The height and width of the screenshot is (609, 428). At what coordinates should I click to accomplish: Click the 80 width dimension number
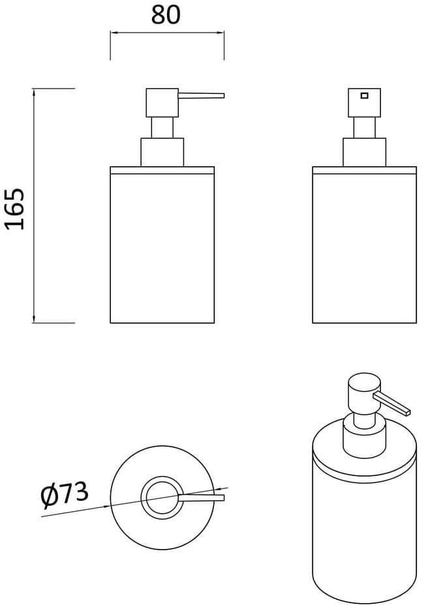pyautogui.click(x=165, y=14)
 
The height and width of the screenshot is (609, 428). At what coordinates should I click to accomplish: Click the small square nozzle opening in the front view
pyautogui.click(x=364, y=96)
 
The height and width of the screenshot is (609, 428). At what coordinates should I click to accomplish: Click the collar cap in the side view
pyautogui.click(x=162, y=152)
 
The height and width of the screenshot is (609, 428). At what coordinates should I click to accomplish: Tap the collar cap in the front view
pyautogui.click(x=364, y=152)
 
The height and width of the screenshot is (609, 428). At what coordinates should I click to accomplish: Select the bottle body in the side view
pyautogui.click(x=162, y=251)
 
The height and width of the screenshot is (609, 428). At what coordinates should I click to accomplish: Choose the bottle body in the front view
pyautogui.click(x=364, y=251)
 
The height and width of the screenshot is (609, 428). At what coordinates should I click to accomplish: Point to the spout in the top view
pyautogui.click(x=202, y=498)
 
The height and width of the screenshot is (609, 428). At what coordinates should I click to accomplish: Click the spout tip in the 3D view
pyautogui.click(x=408, y=411)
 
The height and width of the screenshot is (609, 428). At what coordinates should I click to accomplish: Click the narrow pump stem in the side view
pyautogui.click(x=162, y=128)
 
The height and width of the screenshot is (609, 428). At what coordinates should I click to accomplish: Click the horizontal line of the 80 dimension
pyautogui.click(x=167, y=33)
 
